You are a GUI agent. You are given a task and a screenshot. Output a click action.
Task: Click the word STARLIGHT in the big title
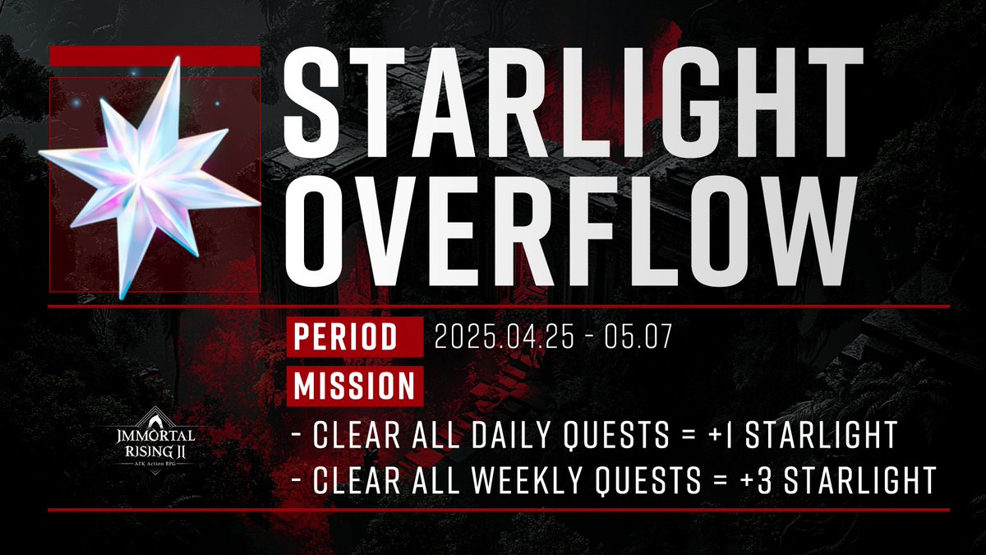tap(573, 98)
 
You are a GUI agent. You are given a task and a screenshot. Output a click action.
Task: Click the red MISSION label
tap(354, 386)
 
